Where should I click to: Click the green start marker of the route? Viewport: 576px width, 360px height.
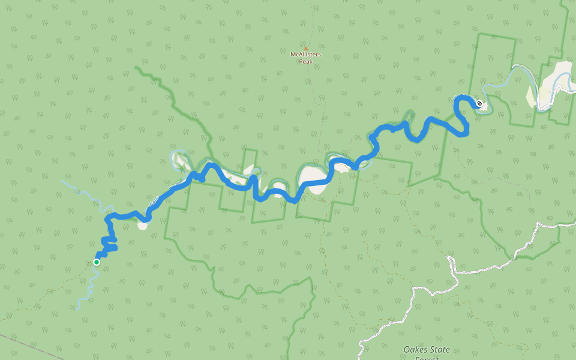[96, 262]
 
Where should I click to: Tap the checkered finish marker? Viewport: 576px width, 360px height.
[479, 103]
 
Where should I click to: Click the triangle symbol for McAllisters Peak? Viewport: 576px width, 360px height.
[305, 49]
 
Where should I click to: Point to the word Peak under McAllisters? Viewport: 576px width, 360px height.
[305, 61]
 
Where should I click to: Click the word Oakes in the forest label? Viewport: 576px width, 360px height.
[415, 349]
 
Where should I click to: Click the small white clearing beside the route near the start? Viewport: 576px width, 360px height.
[142, 226]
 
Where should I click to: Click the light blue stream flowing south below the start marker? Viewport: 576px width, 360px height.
[89, 288]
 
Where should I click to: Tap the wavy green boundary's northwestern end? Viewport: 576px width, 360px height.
[138, 68]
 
